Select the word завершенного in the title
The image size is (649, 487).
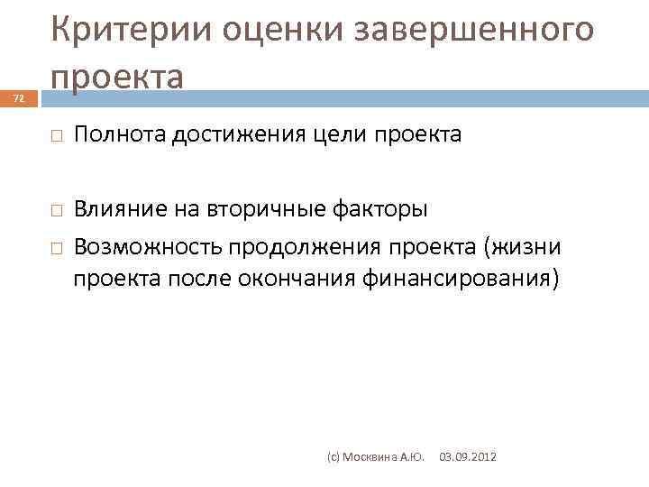tap(476, 30)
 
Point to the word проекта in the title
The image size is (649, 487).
tap(118, 76)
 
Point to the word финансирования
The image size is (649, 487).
tap(455, 280)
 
